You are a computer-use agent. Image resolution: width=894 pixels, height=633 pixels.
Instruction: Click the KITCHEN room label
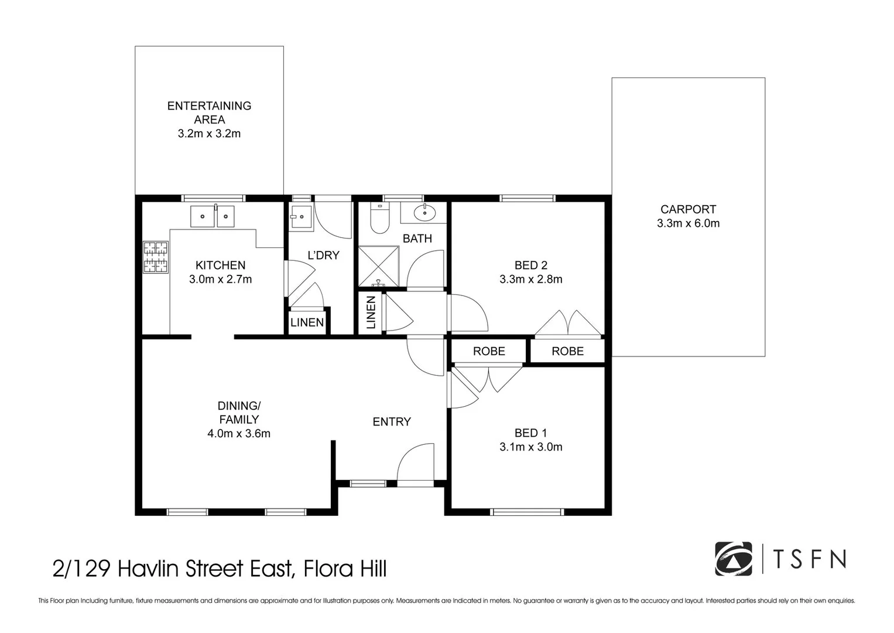(220, 265)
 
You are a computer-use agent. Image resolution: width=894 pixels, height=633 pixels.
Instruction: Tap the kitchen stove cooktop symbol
(156, 258)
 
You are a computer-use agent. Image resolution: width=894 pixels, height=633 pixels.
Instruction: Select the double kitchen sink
(212, 216)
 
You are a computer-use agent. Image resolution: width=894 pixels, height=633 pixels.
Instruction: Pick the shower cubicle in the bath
(379, 267)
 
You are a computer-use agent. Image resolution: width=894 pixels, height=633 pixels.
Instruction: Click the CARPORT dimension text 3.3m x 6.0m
(688, 223)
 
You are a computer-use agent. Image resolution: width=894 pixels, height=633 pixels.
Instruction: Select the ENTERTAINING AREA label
(209, 113)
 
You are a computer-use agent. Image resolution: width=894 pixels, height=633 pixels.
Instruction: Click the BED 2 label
(530, 265)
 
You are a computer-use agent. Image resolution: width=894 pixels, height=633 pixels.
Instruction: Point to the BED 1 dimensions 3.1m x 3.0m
(530, 447)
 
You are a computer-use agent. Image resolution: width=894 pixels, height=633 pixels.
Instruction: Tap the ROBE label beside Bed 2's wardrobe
(567, 351)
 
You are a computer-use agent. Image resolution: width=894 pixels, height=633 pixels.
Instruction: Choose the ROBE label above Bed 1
(489, 351)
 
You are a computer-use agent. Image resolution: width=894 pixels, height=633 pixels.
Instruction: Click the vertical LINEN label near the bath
(371, 312)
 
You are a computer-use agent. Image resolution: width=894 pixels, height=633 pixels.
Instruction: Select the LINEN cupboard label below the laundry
(307, 322)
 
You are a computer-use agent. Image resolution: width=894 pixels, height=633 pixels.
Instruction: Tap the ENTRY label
(392, 421)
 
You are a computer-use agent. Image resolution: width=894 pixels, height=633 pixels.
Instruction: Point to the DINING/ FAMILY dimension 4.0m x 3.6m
(238, 434)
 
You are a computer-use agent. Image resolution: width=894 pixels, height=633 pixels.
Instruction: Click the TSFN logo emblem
(733, 559)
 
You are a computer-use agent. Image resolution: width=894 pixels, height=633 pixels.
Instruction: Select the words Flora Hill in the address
(345, 569)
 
